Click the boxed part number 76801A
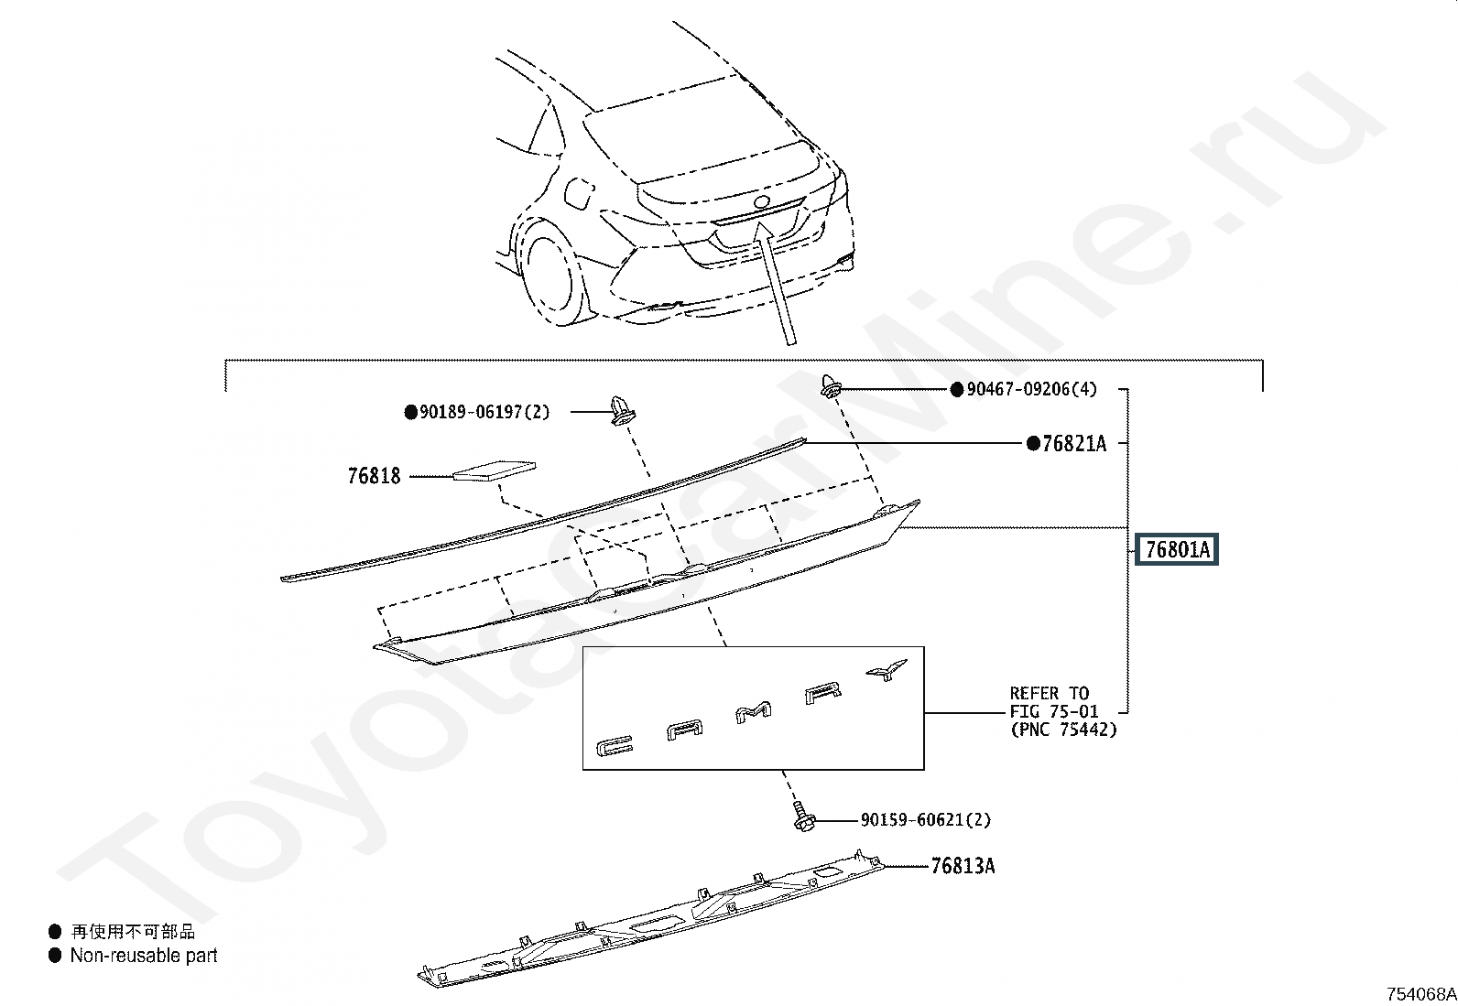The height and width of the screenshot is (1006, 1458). [x=1177, y=550]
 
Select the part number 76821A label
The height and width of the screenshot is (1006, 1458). [x=1073, y=444]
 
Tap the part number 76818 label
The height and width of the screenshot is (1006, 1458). [x=374, y=476]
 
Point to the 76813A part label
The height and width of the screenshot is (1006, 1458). [x=963, y=865]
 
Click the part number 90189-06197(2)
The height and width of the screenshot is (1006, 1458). [x=484, y=412]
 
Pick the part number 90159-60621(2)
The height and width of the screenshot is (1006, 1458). [x=925, y=820]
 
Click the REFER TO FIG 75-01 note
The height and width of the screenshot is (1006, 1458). [x=1062, y=711]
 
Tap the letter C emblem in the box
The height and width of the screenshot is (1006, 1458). [x=611, y=746]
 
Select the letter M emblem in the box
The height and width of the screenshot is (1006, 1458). [x=754, y=711]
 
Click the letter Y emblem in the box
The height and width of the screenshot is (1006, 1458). [x=886, y=671]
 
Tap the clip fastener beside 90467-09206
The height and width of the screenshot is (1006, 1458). [x=830, y=387]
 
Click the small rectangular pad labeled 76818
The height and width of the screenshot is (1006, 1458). [x=495, y=471]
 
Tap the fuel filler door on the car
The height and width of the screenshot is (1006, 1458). [x=580, y=192]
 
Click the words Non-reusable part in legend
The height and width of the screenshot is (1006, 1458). [x=144, y=956]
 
